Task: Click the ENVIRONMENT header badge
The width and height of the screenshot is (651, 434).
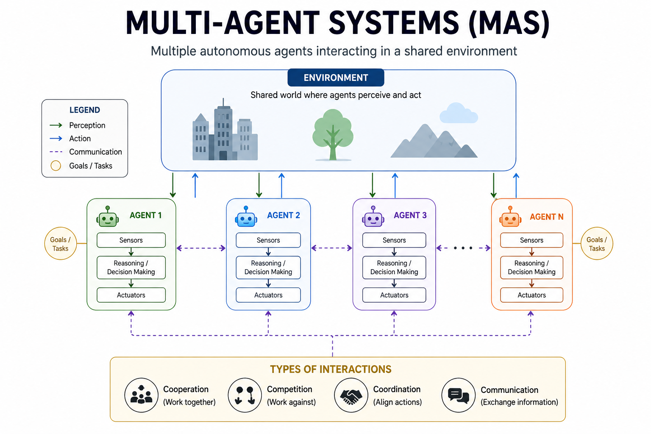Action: pyautogui.click(x=336, y=78)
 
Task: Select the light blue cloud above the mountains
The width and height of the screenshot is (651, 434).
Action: pyautogui.click(x=458, y=113)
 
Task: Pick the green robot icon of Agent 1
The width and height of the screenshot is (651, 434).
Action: pyautogui.click(x=108, y=217)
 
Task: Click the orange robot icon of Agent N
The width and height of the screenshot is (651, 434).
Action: pyautogui.click(x=510, y=217)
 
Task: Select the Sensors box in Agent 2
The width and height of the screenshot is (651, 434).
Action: pyautogui.click(x=268, y=240)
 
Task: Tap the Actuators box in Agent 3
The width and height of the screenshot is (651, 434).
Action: pyautogui.click(x=394, y=295)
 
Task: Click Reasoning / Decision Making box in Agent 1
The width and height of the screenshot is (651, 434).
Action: pyautogui.click(x=131, y=267)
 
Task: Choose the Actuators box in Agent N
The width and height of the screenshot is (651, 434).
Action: pyautogui.click(x=531, y=295)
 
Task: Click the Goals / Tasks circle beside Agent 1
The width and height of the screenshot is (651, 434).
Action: pyautogui.click(x=61, y=244)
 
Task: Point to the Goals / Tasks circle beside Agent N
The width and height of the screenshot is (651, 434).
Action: pyautogui.click(x=596, y=244)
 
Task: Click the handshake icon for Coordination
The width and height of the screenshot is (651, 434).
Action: pyautogui.click(x=351, y=395)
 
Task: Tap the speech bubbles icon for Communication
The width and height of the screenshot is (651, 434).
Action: pyautogui.click(x=458, y=395)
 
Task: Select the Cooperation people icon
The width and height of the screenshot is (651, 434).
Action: pyautogui.click(x=141, y=395)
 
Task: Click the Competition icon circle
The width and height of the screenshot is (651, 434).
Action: pyautogui.click(x=245, y=395)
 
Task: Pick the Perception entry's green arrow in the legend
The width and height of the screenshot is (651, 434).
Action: pyautogui.click(x=56, y=125)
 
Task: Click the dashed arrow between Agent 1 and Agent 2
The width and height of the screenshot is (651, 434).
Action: pyautogui.click(x=201, y=248)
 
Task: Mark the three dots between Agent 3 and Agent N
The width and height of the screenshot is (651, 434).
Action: pyautogui.click(x=463, y=248)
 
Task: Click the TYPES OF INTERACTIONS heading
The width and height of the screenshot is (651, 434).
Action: pyautogui.click(x=331, y=369)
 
